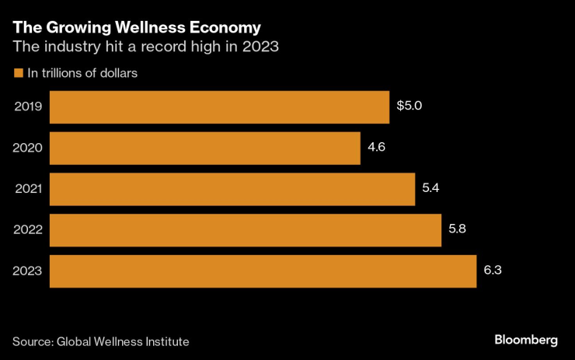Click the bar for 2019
pyautogui.click(x=219, y=107)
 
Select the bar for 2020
pyautogui.click(x=205, y=148)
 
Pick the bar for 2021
pyautogui.click(x=232, y=189)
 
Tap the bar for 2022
pyautogui.click(x=246, y=230)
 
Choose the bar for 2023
pyautogui.click(x=263, y=271)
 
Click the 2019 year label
pyautogui.click(x=28, y=107)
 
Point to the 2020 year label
pyautogui.click(x=28, y=148)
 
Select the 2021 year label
pyautogui.click(x=28, y=189)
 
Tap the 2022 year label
pyautogui.click(x=28, y=230)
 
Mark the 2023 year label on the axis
pyautogui.click(x=28, y=271)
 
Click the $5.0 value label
pyautogui.click(x=409, y=106)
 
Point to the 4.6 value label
pyautogui.click(x=377, y=147)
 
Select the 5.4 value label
pyautogui.click(x=431, y=188)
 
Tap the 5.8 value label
pyautogui.click(x=458, y=229)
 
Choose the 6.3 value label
pyautogui.click(x=493, y=271)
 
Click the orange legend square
pyautogui.click(x=18, y=74)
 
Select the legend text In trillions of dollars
pyautogui.click(x=82, y=74)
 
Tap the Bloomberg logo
pyautogui.click(x=526, y=340)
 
